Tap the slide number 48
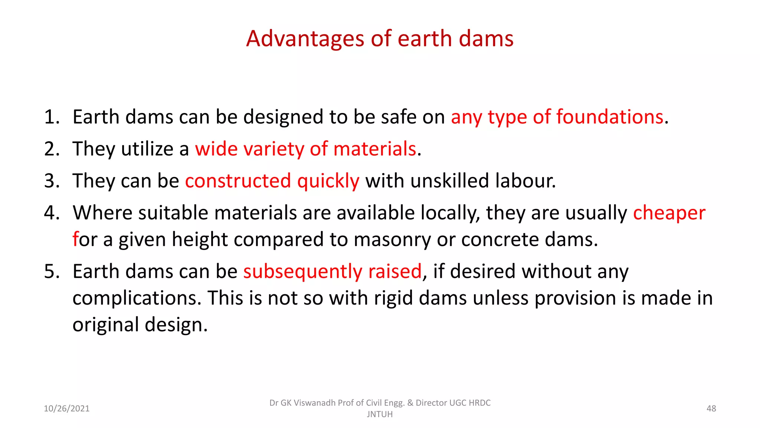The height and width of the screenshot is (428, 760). tap(711, 409)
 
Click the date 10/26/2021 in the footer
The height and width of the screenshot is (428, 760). tap(67, 409)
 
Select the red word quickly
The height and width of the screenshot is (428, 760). tap(328, 181)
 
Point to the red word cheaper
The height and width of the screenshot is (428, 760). tap(669, 213)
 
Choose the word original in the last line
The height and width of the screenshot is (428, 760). tap(105, 325)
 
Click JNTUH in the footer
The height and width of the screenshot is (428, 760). tap(380, 414)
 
